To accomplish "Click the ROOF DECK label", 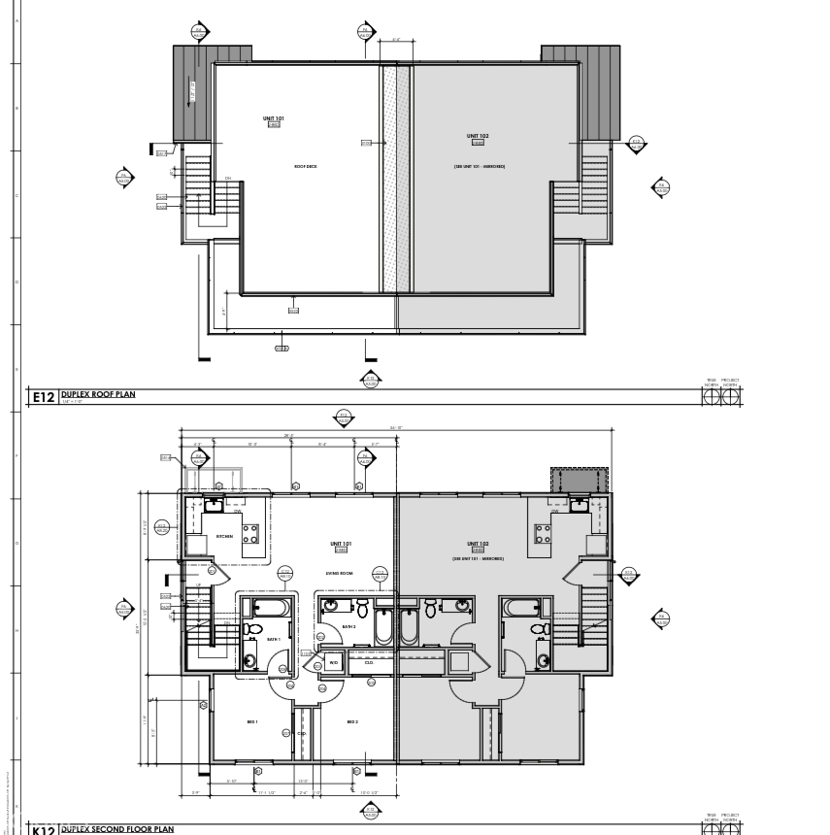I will [306, 166].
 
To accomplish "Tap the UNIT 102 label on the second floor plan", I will [477, 544].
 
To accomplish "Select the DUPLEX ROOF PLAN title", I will [97, 394].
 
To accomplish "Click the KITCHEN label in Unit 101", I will [224, 536].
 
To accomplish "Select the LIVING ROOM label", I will [340, 574].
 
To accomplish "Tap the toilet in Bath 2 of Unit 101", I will [362, 610].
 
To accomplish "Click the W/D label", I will [333, 663].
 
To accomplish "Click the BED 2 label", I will [352, 721].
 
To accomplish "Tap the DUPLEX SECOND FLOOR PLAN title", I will [116, 829].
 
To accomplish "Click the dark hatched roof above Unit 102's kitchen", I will [579, 479].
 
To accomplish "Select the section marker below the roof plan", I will [370, 379].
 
